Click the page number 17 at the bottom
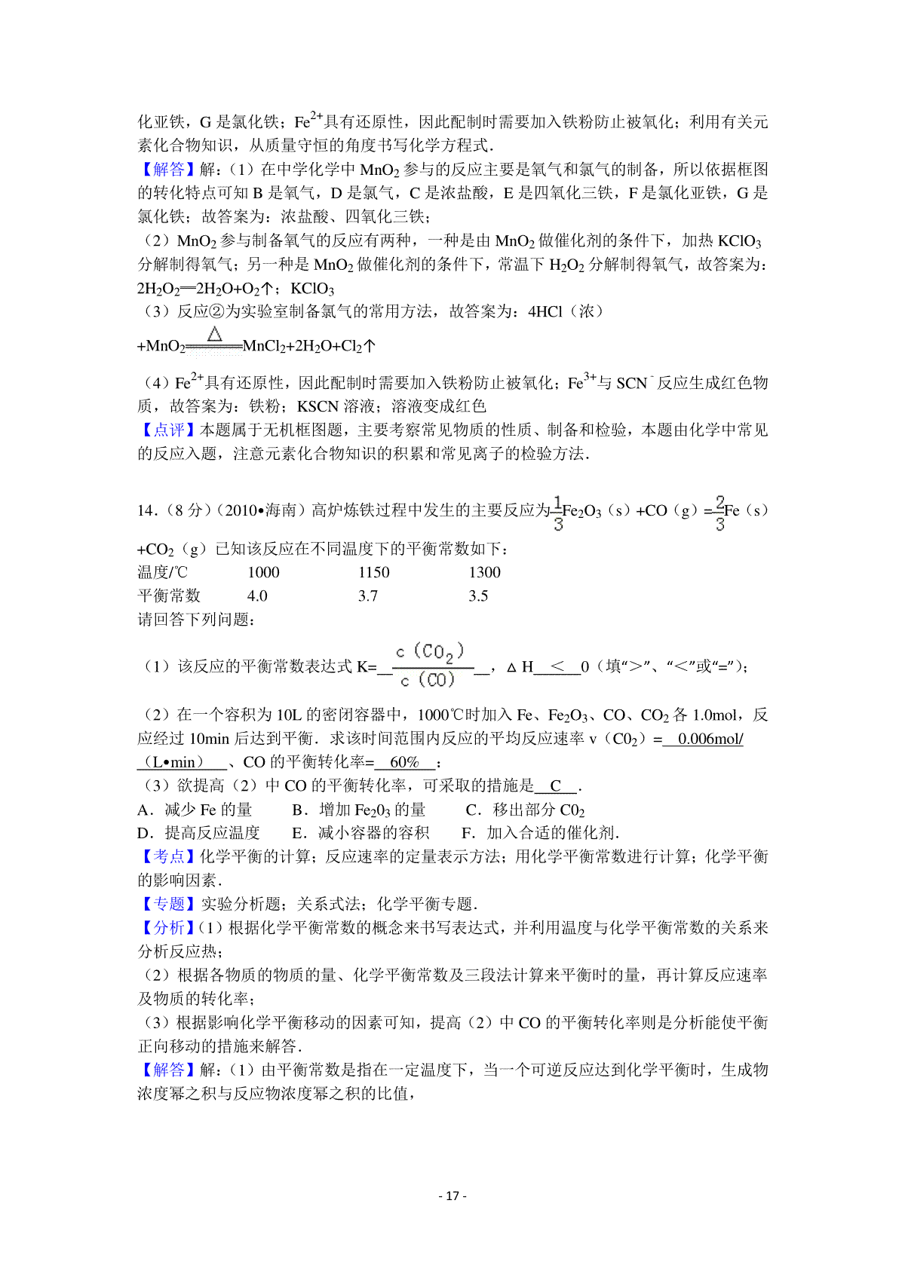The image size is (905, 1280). coord(452,1196)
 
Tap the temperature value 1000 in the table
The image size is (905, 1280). coord(263,572)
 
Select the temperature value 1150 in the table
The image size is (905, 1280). coord(374,572)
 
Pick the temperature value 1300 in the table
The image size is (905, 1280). coord(484,572)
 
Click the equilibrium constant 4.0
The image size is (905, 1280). coord(257,596)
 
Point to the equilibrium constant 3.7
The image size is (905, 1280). coord(368,596)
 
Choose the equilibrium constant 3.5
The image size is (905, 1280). coord(478,596)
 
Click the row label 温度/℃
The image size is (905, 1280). coord(162,572)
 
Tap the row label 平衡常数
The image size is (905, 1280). coord(169,596)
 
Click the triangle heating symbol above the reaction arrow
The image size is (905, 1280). coord(215,334)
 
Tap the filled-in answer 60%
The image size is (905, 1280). coord(404,762)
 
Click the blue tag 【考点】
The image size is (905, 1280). coord(167,856)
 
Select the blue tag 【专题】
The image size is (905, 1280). coord(167,904)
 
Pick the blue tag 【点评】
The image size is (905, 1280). coord(167,430)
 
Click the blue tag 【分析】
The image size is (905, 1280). coord(167,927)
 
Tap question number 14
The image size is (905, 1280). coord(147,511)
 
